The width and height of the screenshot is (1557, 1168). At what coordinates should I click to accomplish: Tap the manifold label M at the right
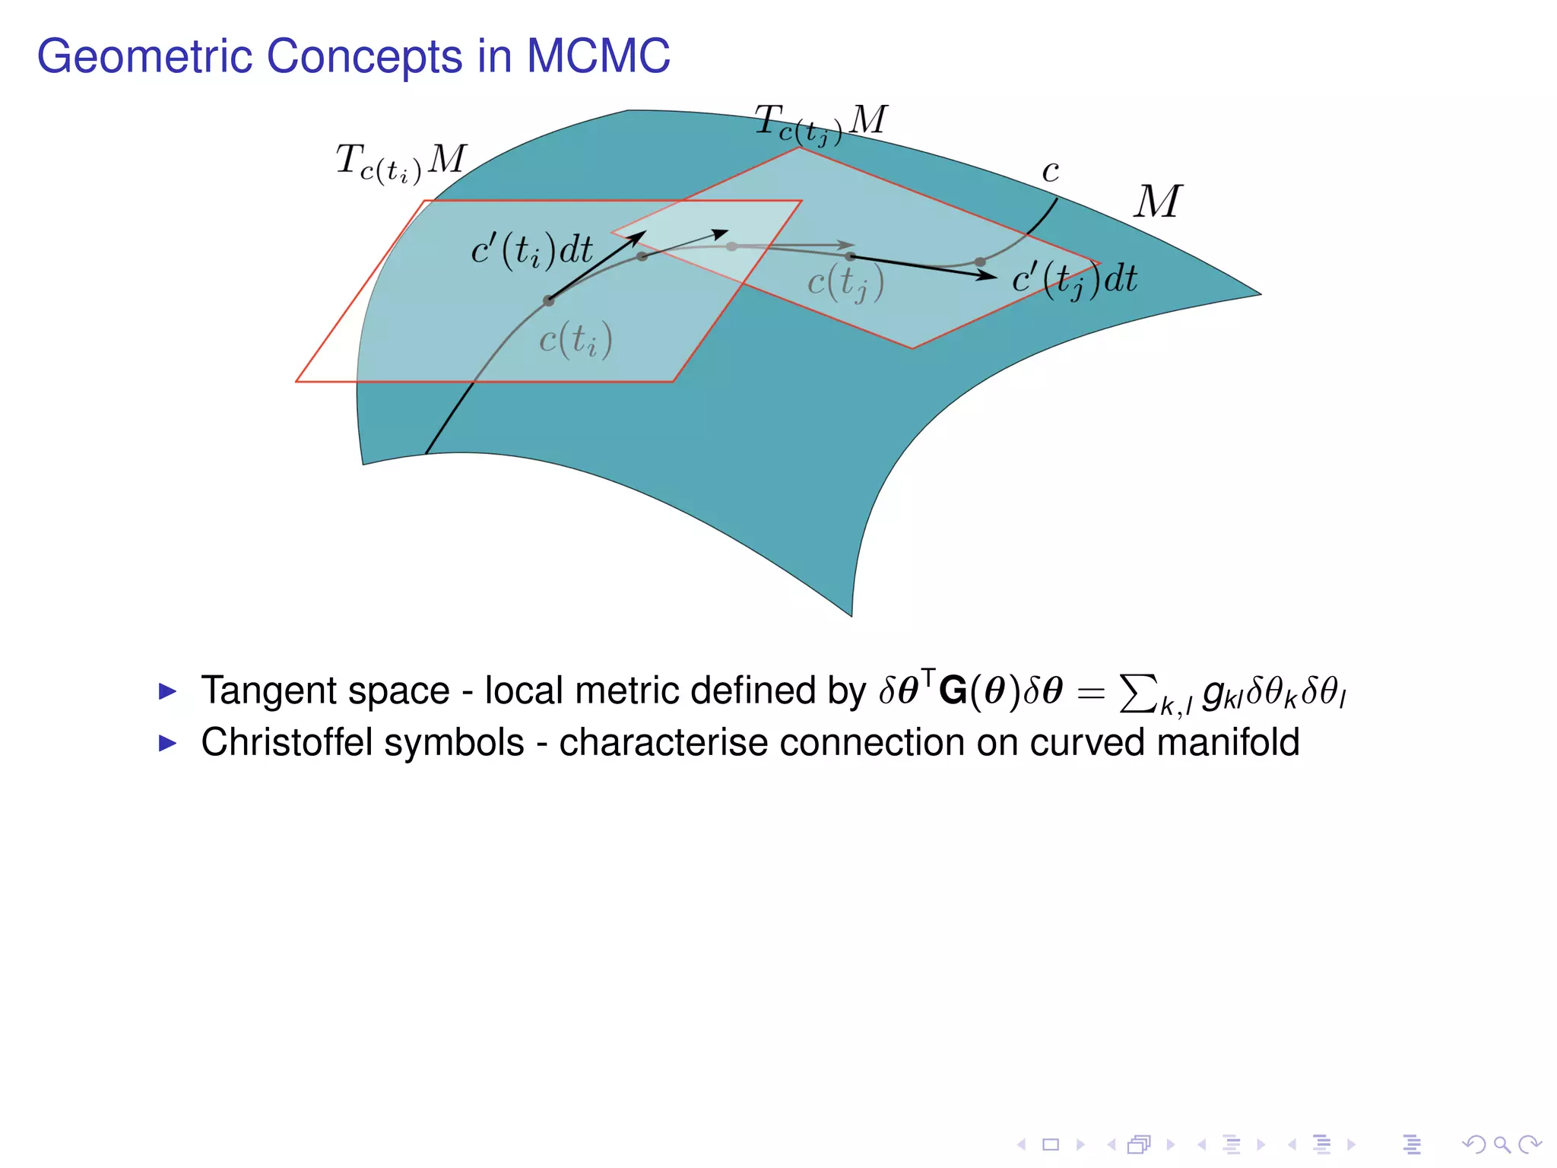coord(1157,202)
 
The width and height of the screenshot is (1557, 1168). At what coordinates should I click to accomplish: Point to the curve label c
coord(1051,172)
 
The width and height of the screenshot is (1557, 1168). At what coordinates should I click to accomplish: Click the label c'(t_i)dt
coord(531,249)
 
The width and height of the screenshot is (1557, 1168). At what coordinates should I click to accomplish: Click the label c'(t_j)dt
coord(1074,279)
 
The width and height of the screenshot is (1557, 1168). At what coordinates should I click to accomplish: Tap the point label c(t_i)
coord(576,339)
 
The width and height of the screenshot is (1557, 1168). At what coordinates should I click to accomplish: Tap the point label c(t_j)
coord(845,283)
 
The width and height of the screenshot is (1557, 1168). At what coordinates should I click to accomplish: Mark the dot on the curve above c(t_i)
coord(548,301)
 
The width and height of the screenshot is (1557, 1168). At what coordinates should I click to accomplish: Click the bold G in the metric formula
coord(953,691)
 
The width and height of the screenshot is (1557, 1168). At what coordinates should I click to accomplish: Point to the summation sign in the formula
coord(1138,693)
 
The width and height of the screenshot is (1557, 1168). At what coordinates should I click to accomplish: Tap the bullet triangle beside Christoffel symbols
coord(167,743)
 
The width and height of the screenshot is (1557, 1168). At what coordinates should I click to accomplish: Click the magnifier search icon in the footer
coord(1501,1144)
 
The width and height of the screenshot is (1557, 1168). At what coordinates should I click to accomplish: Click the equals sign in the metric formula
coord(1091,693)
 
